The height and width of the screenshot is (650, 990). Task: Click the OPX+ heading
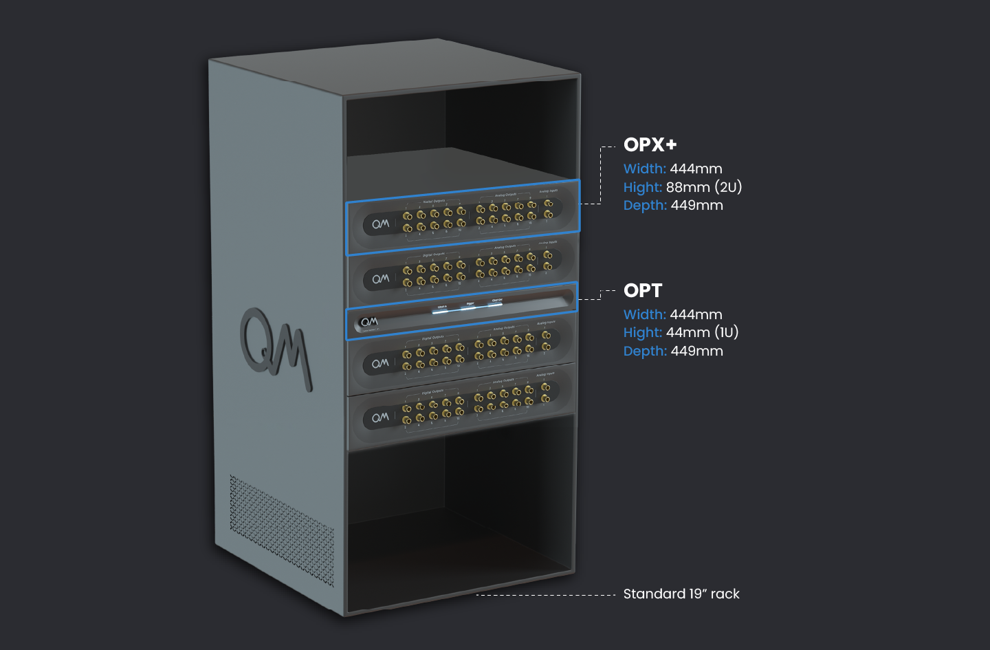[650, 144]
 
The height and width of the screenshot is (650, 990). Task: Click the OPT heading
[642, 290]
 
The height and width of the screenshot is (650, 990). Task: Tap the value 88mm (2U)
[703, 187]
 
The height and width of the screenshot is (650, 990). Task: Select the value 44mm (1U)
[702, 332]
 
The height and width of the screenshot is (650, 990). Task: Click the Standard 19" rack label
[681, 594]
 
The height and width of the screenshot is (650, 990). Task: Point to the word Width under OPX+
[644, 169]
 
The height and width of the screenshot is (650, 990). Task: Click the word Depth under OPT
[645, 351]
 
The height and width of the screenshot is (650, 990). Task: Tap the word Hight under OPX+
[642, 187]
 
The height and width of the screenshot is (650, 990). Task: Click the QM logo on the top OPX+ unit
[380, 224]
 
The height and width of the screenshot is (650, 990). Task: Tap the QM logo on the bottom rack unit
[380, 418]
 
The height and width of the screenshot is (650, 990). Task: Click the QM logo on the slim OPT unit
[369, 321]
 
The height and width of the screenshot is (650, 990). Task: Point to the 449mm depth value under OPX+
[696, 205]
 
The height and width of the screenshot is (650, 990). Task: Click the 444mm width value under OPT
[696, 314]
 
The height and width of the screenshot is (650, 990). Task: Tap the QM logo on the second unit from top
[380, 279]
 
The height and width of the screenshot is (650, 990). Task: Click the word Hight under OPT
[642, 332]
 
